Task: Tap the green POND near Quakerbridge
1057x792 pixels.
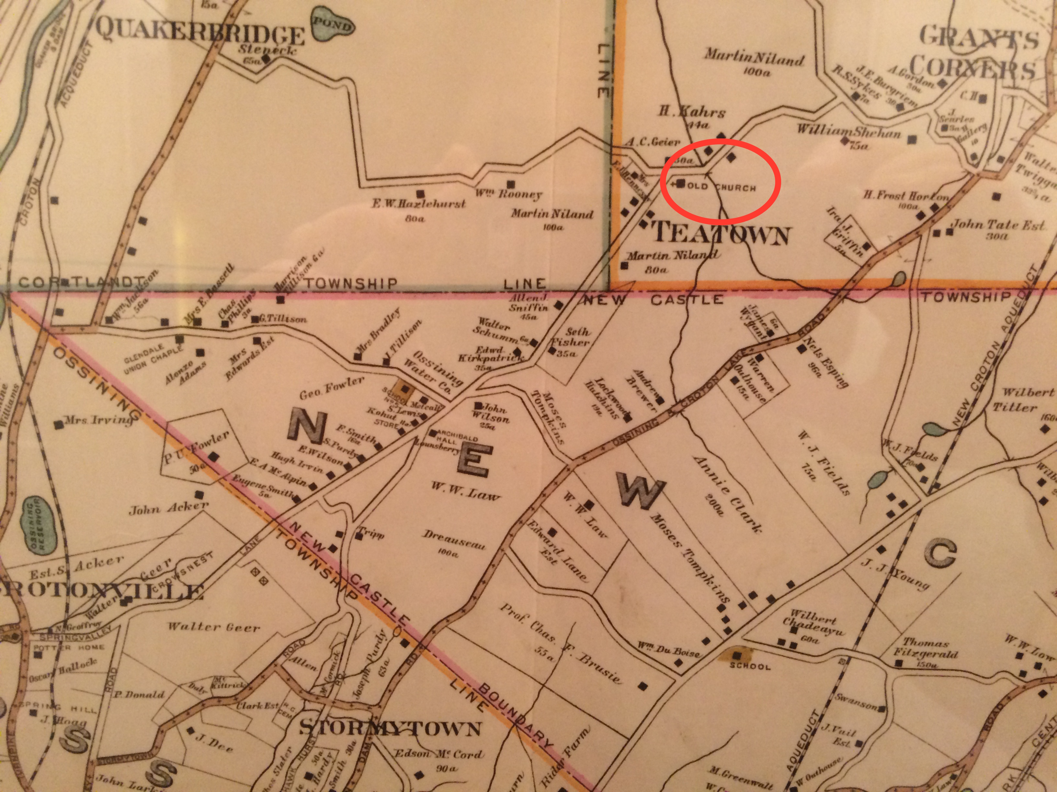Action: pos(333,26)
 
